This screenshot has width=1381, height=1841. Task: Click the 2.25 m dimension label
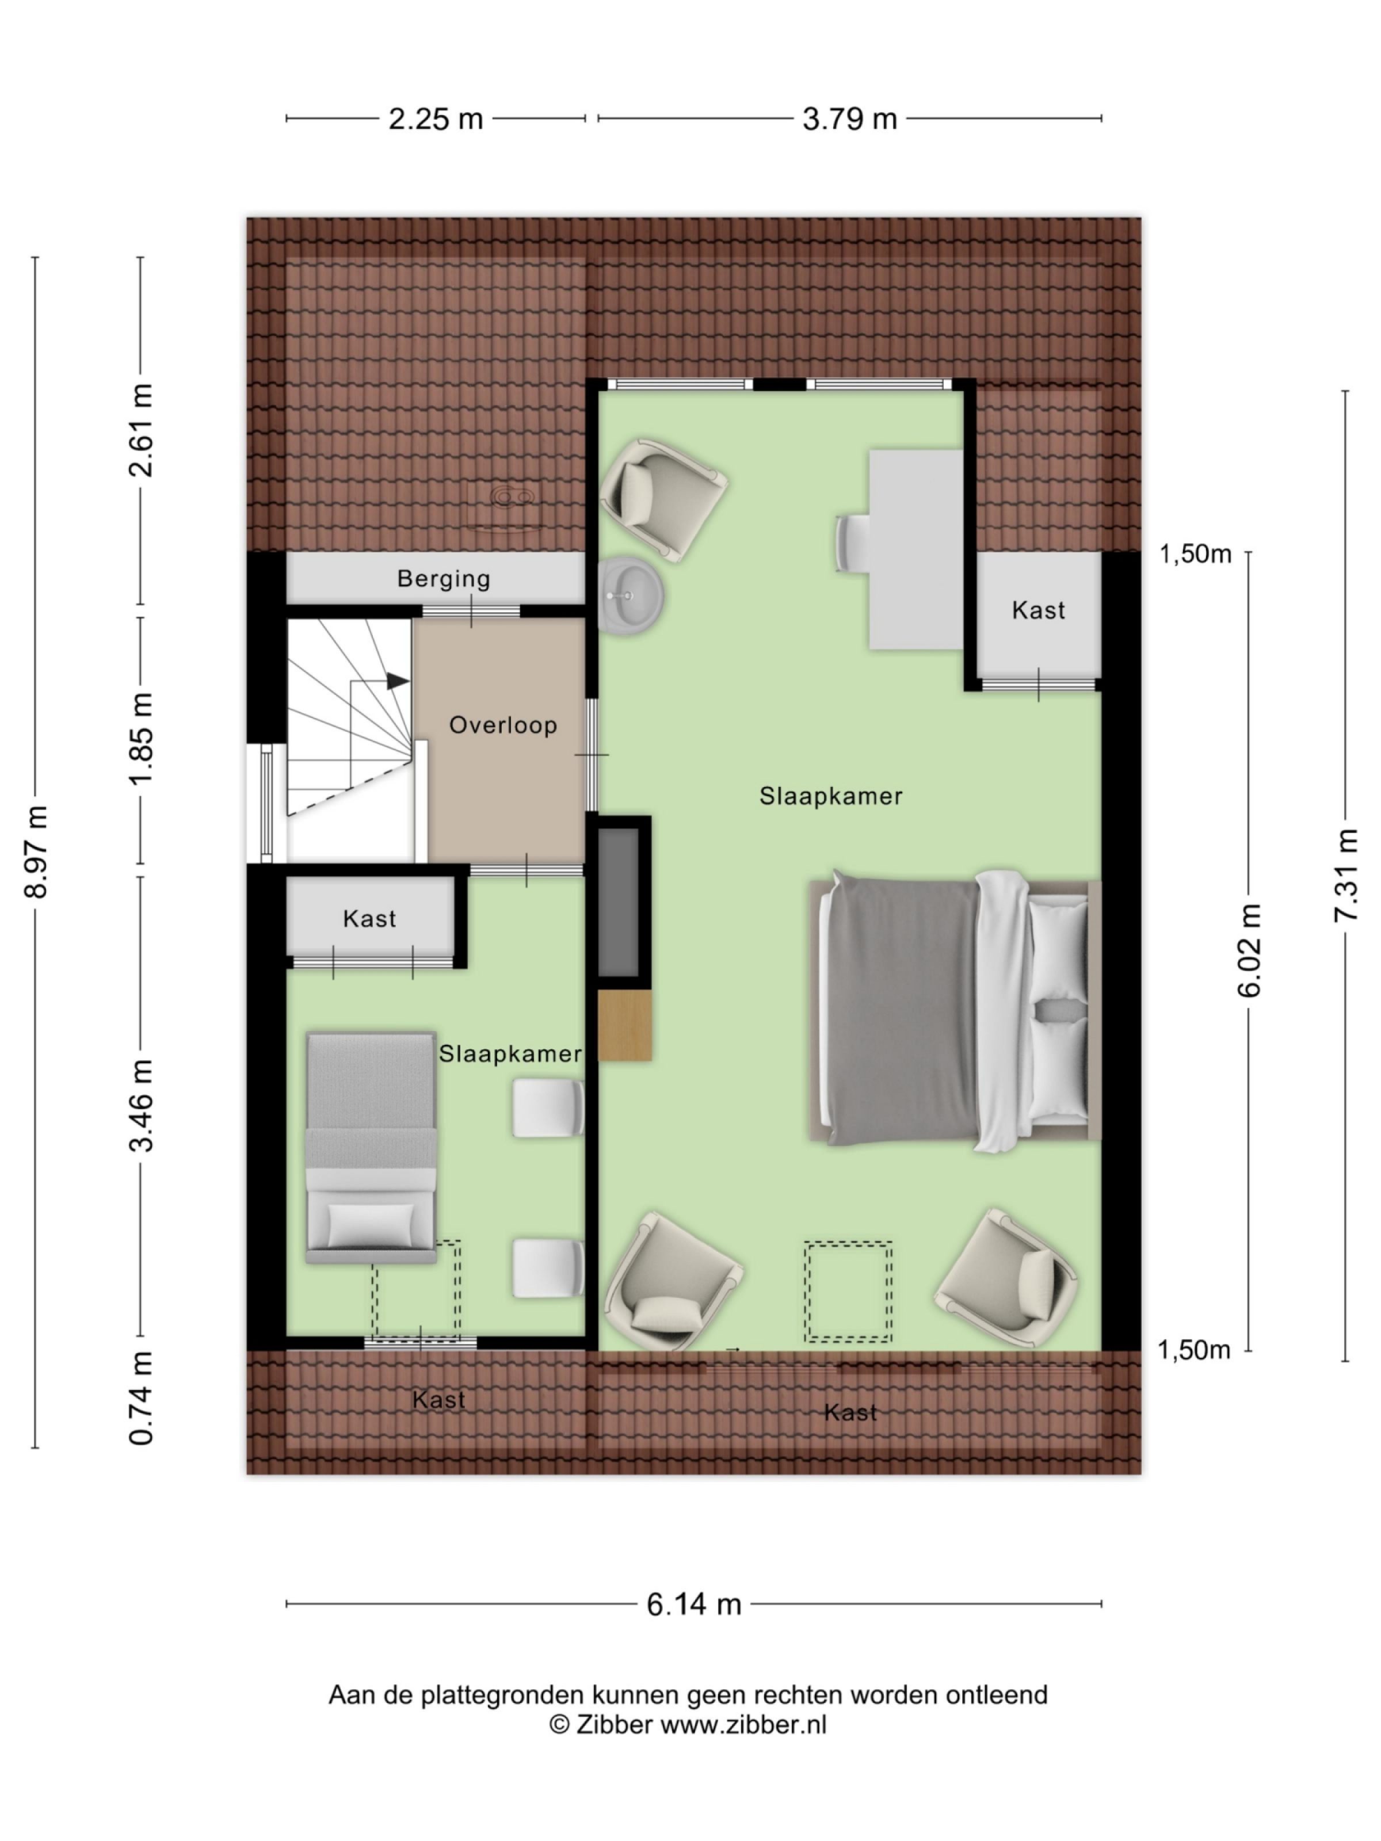pyautogui.click(x=436, y=119)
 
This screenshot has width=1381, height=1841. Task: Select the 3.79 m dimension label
pyautogui.click(x=849, y=119)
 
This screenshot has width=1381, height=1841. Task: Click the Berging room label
pyautogui.click(x=443, y=578)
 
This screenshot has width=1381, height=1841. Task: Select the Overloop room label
pyautogui.click(x=503, y=725)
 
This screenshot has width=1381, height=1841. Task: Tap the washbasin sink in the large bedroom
pyautogui.click(x=630, y=596)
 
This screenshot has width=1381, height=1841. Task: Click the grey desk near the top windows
pyautogui.click(x=915, y=549)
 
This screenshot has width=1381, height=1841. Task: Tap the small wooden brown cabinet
pyautogui.click(x=624, y=1025)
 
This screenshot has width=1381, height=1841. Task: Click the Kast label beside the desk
pyautogui.click(x=1038, y=610)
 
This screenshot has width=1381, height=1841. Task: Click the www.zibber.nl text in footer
pyautogui.click(x=743, y=1725)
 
